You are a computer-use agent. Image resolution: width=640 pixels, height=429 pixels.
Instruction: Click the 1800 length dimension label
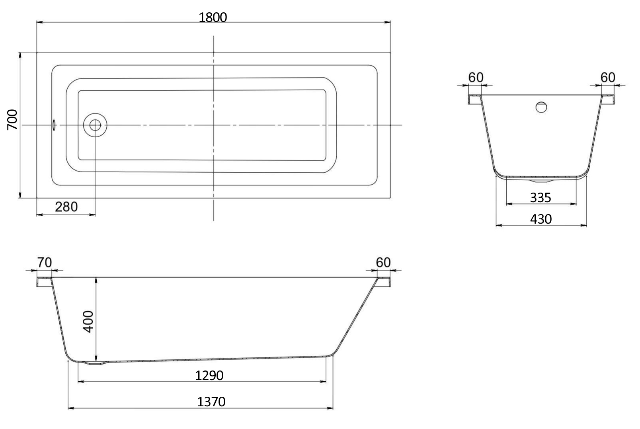pos(213,18)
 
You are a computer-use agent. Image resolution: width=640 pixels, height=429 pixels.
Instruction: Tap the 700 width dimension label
pos(12,120)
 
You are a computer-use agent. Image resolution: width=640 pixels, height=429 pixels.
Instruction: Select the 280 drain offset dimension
pos(66,207)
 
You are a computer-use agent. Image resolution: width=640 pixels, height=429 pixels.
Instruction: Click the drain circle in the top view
pos(95,125)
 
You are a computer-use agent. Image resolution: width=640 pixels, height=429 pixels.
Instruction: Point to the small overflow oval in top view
pos(54,125)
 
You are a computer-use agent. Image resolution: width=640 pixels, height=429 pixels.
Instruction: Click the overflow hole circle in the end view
pos(541,107)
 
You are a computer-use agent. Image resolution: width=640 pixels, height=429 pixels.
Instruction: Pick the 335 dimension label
pos(540,198)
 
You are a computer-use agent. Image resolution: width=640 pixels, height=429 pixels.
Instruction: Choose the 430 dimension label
pos(541,219)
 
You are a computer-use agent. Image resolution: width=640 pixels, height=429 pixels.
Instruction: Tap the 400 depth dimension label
pos(88,322)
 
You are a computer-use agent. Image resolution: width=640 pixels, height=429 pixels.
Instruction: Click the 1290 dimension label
pos(209,376)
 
